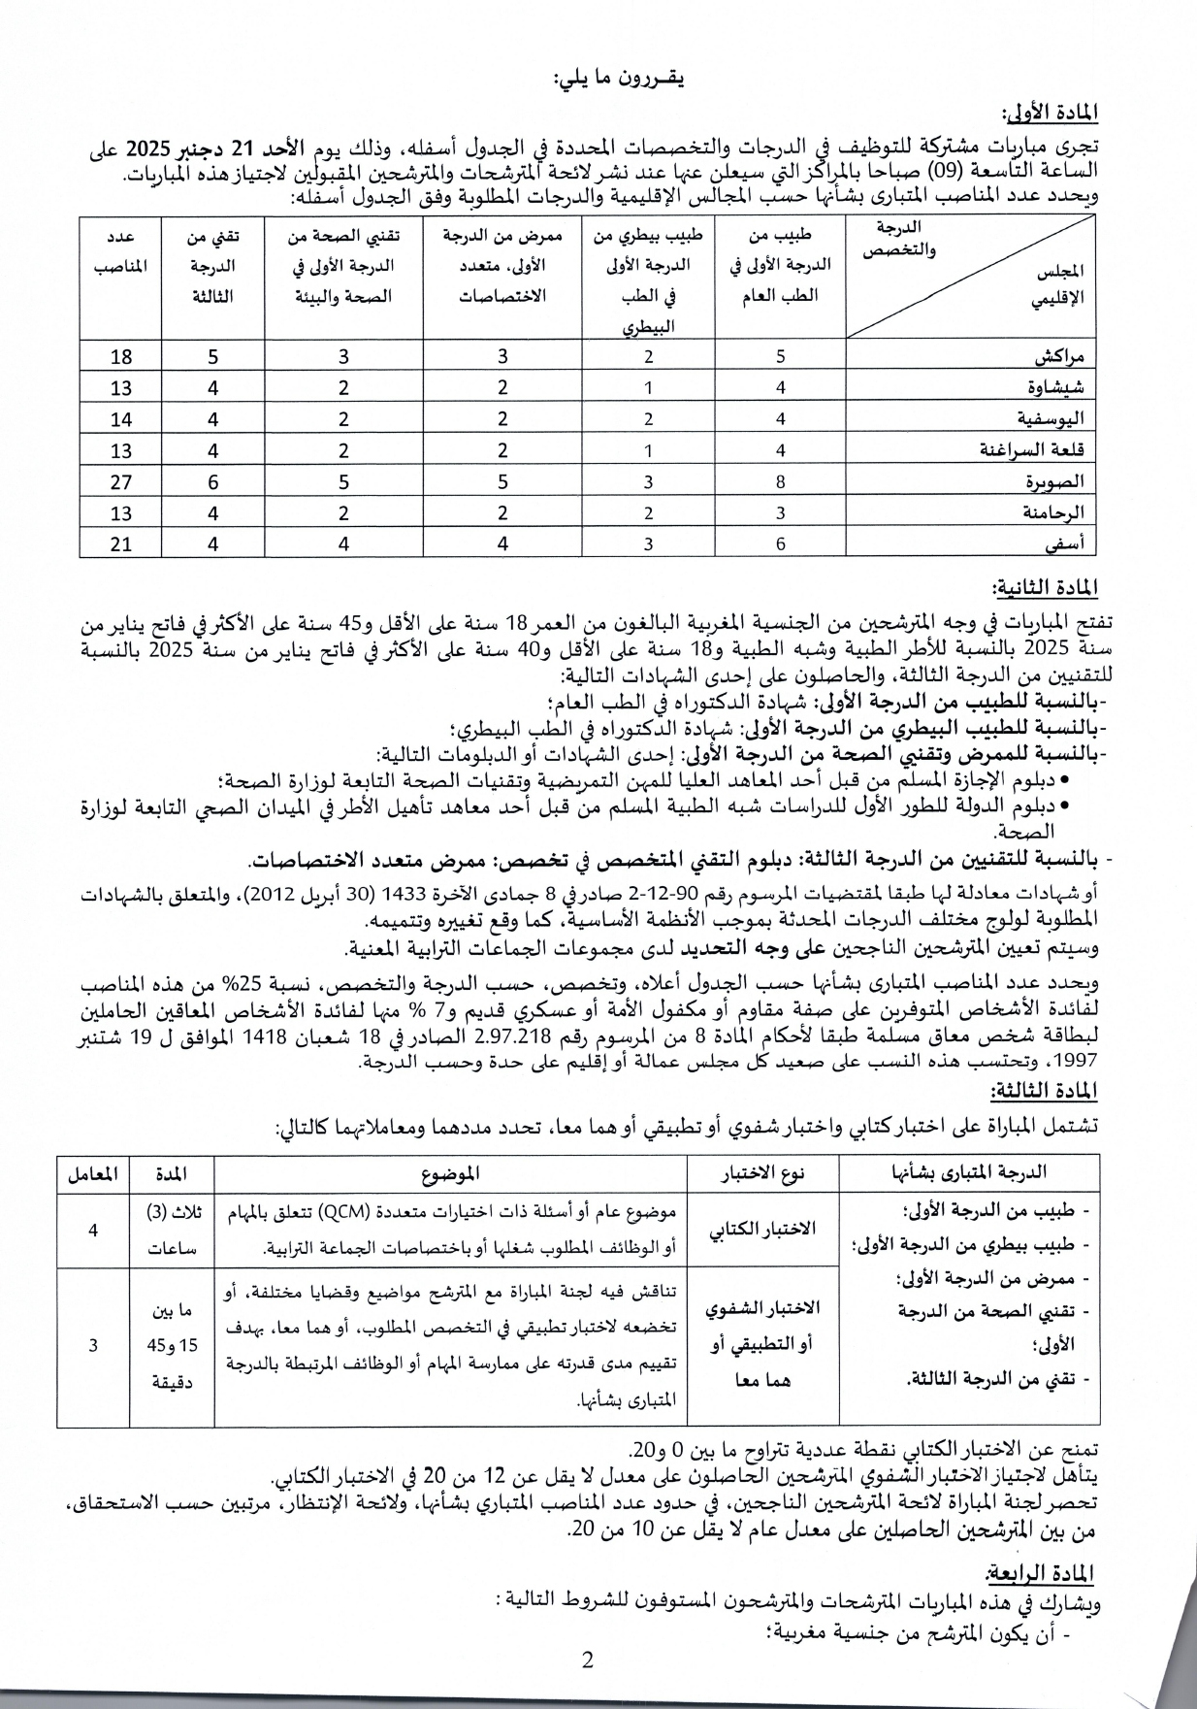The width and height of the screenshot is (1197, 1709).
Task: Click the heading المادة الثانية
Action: click(1045, 589)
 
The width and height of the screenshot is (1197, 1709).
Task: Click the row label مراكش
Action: click(1059, 355)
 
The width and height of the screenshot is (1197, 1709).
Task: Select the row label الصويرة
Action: click(1055, 481)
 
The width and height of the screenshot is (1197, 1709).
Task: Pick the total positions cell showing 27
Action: click(121, 481)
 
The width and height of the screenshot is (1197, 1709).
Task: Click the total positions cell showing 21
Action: click(121, 543)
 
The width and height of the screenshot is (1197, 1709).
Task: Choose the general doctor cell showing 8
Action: click(780, 481)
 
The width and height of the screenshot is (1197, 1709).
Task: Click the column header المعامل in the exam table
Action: click(93, 1173)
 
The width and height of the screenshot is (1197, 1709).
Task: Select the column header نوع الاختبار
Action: click(763, 1173)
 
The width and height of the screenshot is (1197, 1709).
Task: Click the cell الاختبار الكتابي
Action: click(763, 1230)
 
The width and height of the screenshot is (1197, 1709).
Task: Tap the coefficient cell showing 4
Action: click(93, 1230)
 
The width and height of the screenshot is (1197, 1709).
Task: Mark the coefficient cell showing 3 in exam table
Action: click(93, 1346)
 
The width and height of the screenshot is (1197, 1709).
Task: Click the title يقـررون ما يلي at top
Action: click(618, 80)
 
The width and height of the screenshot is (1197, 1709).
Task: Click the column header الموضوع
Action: click(451, 1173)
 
